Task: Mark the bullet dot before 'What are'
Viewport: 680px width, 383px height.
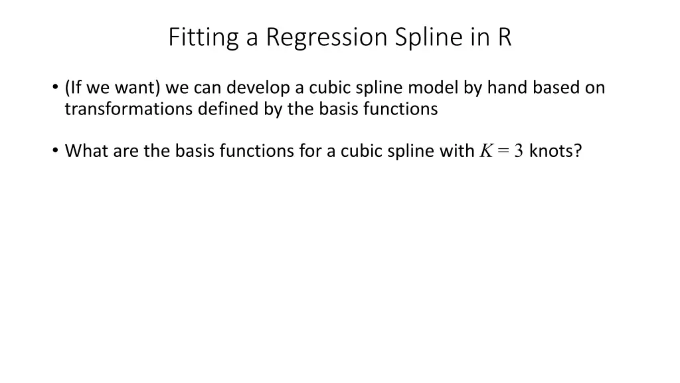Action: (x=53, y=152)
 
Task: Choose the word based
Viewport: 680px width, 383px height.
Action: (x=549, y=88)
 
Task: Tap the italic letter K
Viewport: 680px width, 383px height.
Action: (x=485, y=151)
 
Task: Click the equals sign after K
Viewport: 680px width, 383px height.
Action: (x=501, y=152)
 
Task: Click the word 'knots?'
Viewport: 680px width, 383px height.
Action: (x=556, y=151)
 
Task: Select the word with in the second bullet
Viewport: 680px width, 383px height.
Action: (x=457, y=151)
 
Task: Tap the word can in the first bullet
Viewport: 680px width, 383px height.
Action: (x=205, y=88)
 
